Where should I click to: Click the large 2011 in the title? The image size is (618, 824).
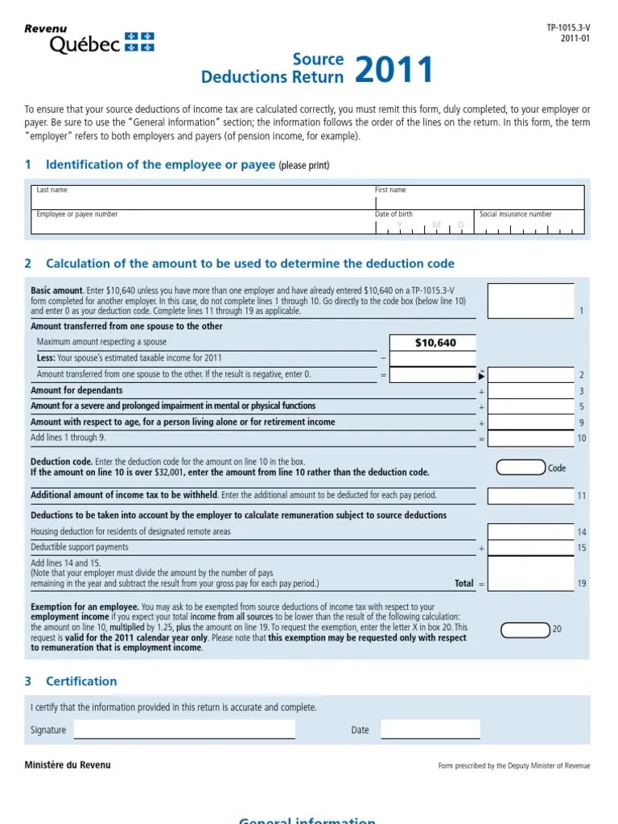point(393,71)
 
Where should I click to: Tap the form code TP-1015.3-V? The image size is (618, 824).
point(567,28)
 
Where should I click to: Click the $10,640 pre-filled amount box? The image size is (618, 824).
point(433,343)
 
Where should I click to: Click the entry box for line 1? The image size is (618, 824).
point(531,301)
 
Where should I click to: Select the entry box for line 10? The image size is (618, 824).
point(531,439)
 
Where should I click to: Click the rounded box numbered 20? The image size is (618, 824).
point(525,628)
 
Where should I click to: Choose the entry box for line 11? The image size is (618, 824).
point(531,496)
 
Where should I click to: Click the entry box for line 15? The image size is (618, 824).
point(531,548)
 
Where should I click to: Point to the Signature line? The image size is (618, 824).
point(184,729)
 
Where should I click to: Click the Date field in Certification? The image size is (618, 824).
point(430,729)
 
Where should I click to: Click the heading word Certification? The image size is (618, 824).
point(81,681)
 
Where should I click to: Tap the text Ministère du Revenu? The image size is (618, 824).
point(68,764)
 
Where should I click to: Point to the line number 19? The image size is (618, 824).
point(581,583)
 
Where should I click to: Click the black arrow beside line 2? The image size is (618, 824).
point(481,375)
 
